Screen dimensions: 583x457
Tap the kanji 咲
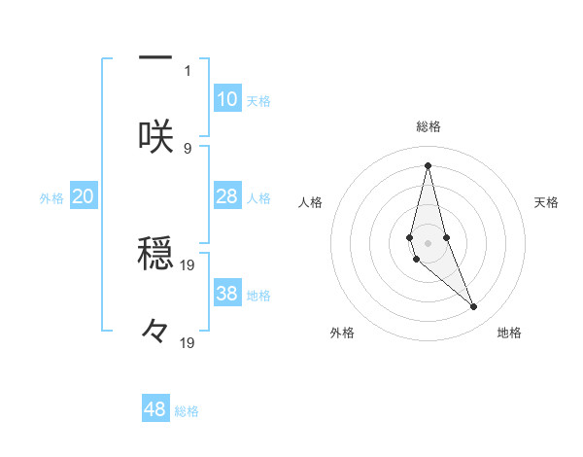[155, 137]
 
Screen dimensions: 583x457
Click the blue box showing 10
[227, 99]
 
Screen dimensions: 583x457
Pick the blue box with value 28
[227, 196]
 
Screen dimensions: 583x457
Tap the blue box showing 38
[227, 294]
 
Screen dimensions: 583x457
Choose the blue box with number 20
[84, 196]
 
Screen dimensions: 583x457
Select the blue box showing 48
[155, 409]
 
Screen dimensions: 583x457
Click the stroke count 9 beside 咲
[188, 148]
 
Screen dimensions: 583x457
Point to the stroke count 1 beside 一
[188, 70]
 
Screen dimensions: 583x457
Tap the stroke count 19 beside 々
[188, 342]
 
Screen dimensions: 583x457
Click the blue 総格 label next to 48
[187, 411]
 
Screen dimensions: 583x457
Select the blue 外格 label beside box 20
[51, 198]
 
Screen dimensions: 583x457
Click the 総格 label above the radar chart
[429, 126]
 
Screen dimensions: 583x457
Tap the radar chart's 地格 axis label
[509, 334]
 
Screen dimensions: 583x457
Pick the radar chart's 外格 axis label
[342, 334]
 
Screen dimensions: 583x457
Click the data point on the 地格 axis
[474, 307]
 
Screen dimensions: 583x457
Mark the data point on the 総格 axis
[428, 164]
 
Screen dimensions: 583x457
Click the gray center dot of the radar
[428, 242]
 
